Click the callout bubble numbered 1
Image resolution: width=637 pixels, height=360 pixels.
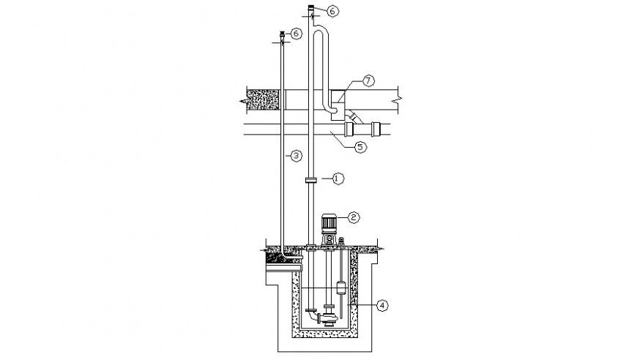pyautogui.click(x=338, y=177)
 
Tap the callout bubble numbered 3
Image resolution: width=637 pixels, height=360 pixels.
pyautogui.click(x=295, y=155)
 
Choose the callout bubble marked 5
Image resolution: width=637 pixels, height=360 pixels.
pyautogui.click(x=360, y=146)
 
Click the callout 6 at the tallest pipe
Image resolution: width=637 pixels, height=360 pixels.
pyautogui.click(x=333, y=11)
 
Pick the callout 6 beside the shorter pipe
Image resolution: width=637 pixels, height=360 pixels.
pyautogui.click(x=296, y=34)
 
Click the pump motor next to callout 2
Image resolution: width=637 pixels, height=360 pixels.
pyautogui.click(x=329, y=224)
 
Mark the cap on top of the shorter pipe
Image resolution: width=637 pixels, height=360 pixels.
pyautogui.click(x=283, y=34)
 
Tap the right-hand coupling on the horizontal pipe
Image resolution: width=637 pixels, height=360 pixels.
pyautogui.click(x=377, y=129)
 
